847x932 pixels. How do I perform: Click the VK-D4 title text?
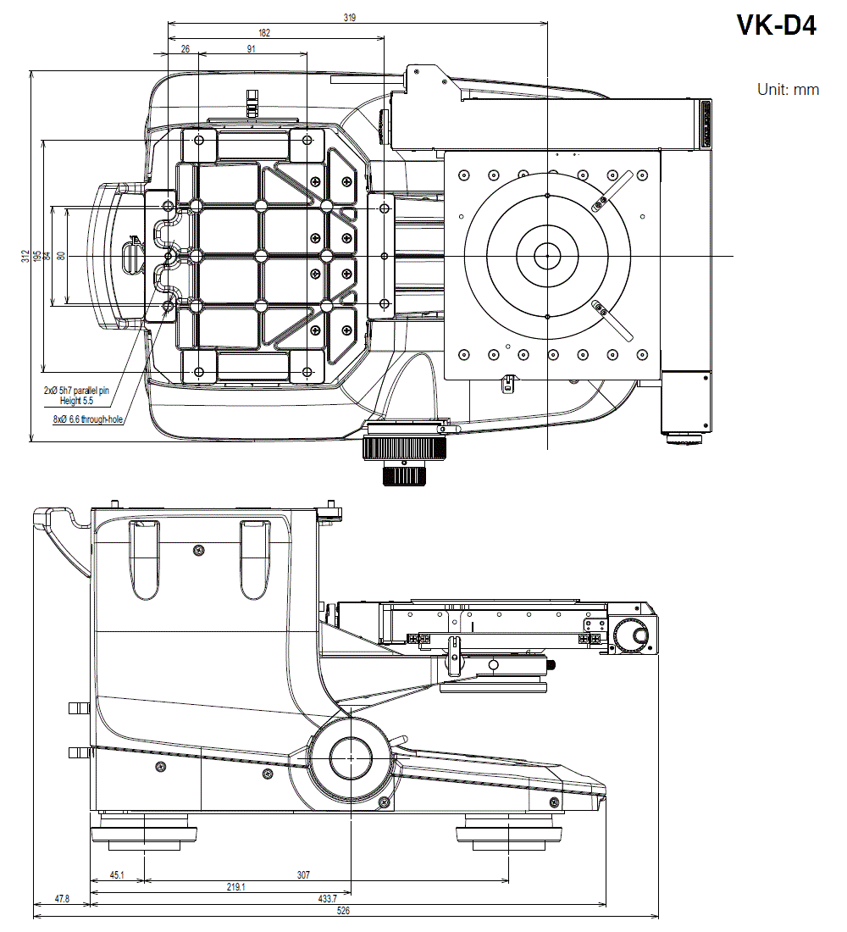coord(776,25)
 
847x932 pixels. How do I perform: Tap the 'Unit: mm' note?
coord(788,89)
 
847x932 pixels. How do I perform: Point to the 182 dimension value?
coord(264,32)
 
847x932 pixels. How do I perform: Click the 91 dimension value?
coord(252,49)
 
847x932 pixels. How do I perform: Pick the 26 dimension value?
coord(185,49)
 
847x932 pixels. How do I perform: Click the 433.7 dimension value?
coord(327,898)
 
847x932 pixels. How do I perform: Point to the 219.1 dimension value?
coord(236,886)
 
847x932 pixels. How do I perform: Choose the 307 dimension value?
coord(303,874)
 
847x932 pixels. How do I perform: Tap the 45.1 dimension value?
coord(117,874)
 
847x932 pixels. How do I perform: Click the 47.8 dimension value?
coord(61,898)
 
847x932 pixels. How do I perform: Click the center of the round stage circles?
coord(548,255)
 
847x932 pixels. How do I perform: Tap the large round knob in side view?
coord(350,758)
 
